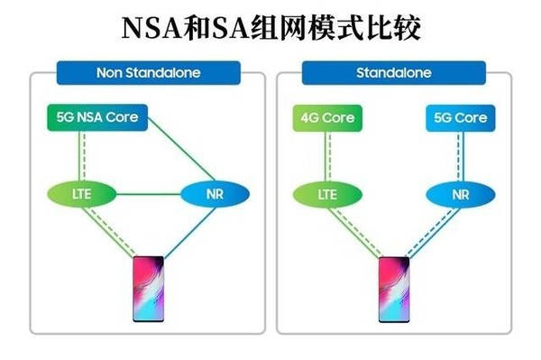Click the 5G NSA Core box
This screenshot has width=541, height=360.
coord(96,118)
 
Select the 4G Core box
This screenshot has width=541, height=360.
coord(326,118)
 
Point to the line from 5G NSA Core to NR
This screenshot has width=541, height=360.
coord(180,149)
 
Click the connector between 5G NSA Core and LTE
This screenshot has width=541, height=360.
coord(81,155)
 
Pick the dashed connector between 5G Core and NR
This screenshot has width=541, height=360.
coord(460,155)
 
